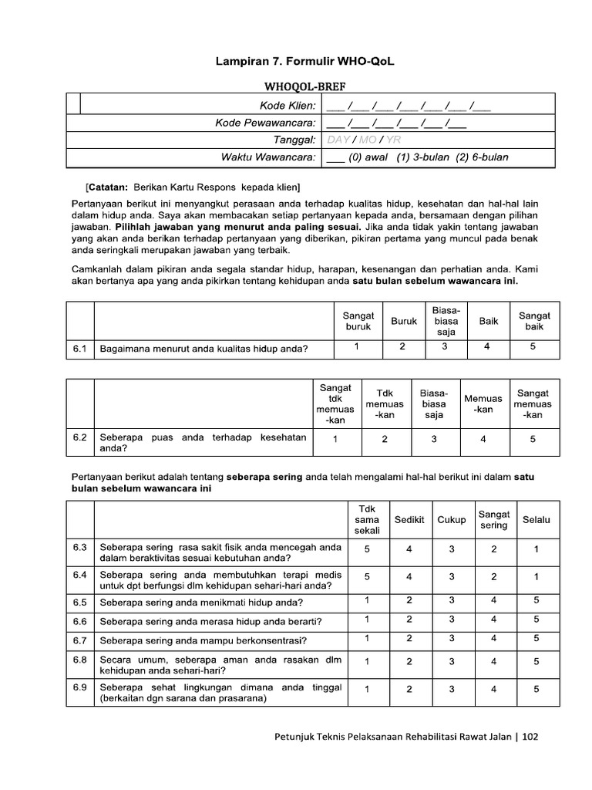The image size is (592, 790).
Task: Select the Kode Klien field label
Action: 288,105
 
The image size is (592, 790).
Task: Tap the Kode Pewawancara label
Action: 265,123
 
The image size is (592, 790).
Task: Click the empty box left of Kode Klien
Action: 73,104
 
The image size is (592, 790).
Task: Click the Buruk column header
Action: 403,321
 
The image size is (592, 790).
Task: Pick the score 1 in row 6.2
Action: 335,440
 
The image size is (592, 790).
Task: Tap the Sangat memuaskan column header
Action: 533,403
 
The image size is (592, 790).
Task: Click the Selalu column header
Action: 536,519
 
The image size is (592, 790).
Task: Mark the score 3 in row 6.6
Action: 452,620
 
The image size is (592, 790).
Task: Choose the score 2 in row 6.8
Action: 409,661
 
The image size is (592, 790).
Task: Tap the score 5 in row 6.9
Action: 536,689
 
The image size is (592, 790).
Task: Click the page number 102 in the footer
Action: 530,736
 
